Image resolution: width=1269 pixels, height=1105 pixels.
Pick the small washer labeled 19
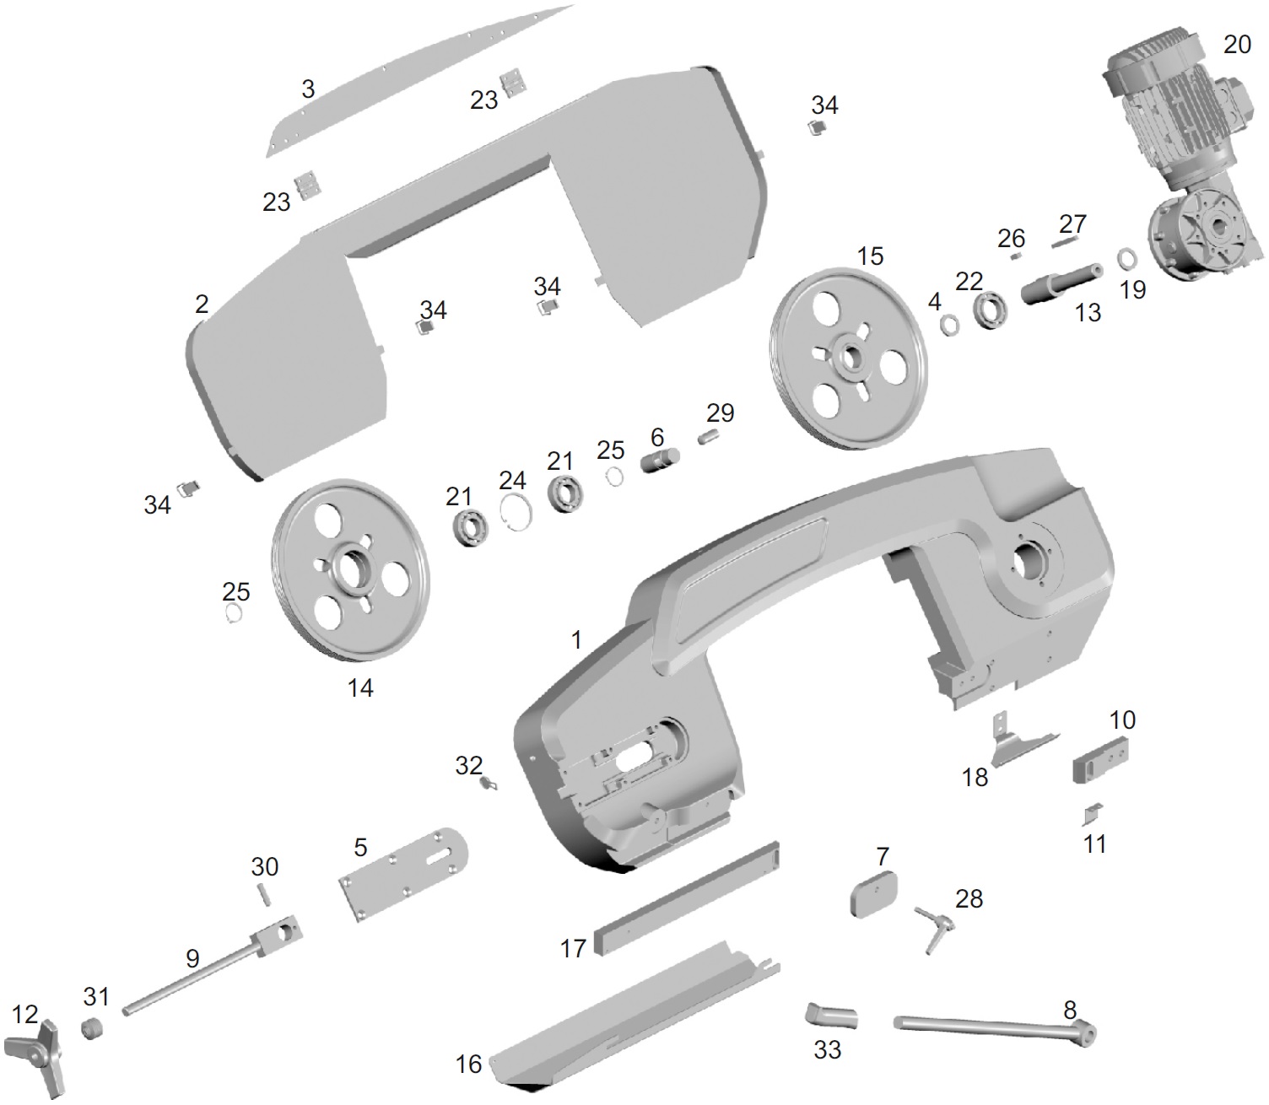[x=1126, y=257]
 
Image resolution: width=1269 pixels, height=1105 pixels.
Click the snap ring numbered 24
[x=516, y=510]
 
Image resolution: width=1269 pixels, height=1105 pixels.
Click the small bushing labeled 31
[x=93, y=1030]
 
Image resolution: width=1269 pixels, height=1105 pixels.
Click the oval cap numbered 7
[x=872, y=893]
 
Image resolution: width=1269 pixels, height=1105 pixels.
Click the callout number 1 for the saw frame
[x=576, y=640]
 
